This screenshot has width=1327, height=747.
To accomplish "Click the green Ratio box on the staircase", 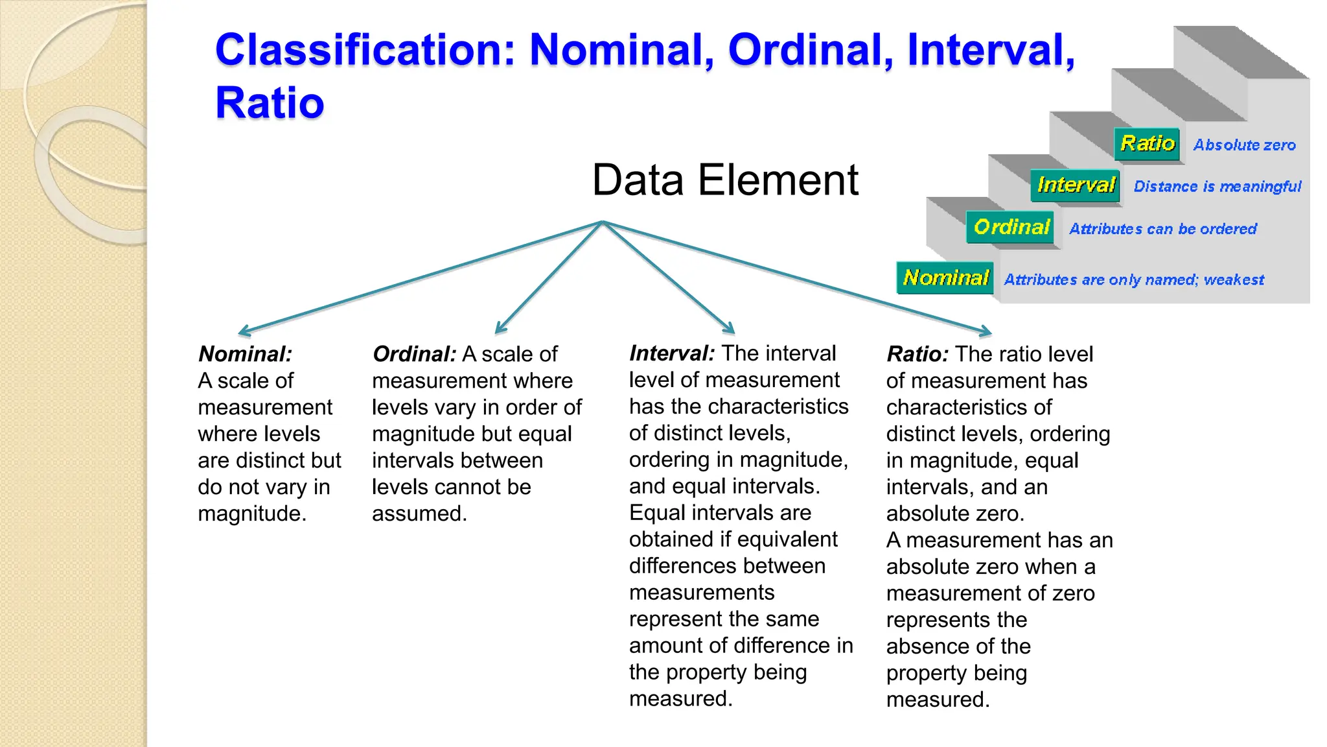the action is click(1147, 143).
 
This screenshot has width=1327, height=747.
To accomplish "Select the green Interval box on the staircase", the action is click(1076, 185).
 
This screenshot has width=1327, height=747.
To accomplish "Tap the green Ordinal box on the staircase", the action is click(1010, 227).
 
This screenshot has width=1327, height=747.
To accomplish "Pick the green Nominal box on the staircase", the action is click(945, 278).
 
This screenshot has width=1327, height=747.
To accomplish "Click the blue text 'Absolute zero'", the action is click(1244, 145).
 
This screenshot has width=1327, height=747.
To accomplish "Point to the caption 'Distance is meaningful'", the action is click(1217, 187).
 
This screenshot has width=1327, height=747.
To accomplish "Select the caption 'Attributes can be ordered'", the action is click(1162, 229).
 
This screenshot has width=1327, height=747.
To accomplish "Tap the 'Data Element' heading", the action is click(724, 180).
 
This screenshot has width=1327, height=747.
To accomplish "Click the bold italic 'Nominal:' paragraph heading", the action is click(245, 354).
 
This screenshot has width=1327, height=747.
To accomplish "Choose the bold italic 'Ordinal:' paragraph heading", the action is click(415, 354).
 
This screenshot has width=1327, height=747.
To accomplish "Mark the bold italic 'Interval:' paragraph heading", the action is click(672, 353).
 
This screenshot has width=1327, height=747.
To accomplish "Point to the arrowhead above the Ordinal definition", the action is click(499, 329).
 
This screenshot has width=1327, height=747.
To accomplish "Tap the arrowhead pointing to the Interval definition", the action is click(730, 329).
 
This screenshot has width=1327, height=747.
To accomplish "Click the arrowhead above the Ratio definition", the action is click(986, 333).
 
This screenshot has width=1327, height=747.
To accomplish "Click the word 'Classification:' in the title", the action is click(365, 50).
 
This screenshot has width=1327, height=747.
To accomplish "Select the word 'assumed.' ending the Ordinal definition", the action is click(419, 514).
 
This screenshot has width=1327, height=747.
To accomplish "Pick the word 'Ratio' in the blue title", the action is click(270, 103).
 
